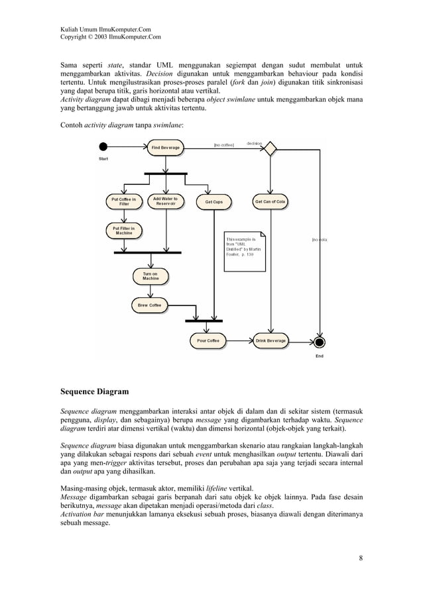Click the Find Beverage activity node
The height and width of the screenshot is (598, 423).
coord(165,147)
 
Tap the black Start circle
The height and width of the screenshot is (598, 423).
coord(103,147)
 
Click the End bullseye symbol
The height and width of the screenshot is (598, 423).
coord(320,342)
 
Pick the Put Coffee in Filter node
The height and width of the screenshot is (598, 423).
coord(124,202)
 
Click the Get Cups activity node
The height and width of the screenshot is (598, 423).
coord(213,202)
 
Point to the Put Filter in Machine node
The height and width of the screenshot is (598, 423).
coord(124,230)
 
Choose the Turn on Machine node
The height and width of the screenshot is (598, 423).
coord(151,276)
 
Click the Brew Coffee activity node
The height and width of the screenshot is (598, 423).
coord(149,305)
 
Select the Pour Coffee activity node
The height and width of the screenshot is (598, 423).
coord(208,341)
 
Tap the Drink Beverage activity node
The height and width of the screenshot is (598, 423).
coord(271,341)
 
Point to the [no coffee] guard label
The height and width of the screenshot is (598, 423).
coord(223,144)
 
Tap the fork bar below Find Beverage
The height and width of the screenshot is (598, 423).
coord(165,174)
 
